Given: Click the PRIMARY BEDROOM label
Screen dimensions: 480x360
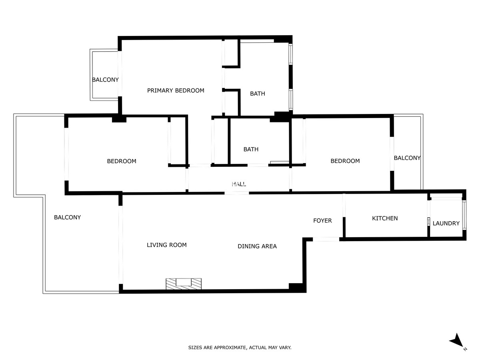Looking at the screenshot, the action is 176,90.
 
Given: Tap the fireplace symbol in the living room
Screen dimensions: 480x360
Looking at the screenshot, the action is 184,284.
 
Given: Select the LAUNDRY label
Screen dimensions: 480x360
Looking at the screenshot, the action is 446,223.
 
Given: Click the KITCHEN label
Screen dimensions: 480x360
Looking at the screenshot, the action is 385,218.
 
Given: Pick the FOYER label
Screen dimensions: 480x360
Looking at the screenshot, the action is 322,221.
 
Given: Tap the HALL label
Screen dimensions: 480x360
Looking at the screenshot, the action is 239,184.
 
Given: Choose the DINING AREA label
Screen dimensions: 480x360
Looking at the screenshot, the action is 257,246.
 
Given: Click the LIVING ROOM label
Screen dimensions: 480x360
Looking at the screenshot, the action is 167,245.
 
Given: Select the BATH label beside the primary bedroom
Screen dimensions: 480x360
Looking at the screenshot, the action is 257,94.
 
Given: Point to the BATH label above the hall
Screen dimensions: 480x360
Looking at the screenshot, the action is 251,150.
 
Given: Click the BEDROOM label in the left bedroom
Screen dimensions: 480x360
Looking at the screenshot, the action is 122,161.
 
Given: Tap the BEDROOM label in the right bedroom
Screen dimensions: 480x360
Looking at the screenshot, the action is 345,161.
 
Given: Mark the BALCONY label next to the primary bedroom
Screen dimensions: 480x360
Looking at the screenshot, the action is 105,80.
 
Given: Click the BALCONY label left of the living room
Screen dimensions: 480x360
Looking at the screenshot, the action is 67,218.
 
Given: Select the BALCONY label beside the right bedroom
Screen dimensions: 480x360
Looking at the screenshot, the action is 407,158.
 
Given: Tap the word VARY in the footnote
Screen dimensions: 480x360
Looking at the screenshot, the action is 285,348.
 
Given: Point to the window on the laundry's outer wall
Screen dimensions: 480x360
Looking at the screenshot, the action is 464,215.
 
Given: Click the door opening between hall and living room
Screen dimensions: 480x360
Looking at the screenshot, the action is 237,193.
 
